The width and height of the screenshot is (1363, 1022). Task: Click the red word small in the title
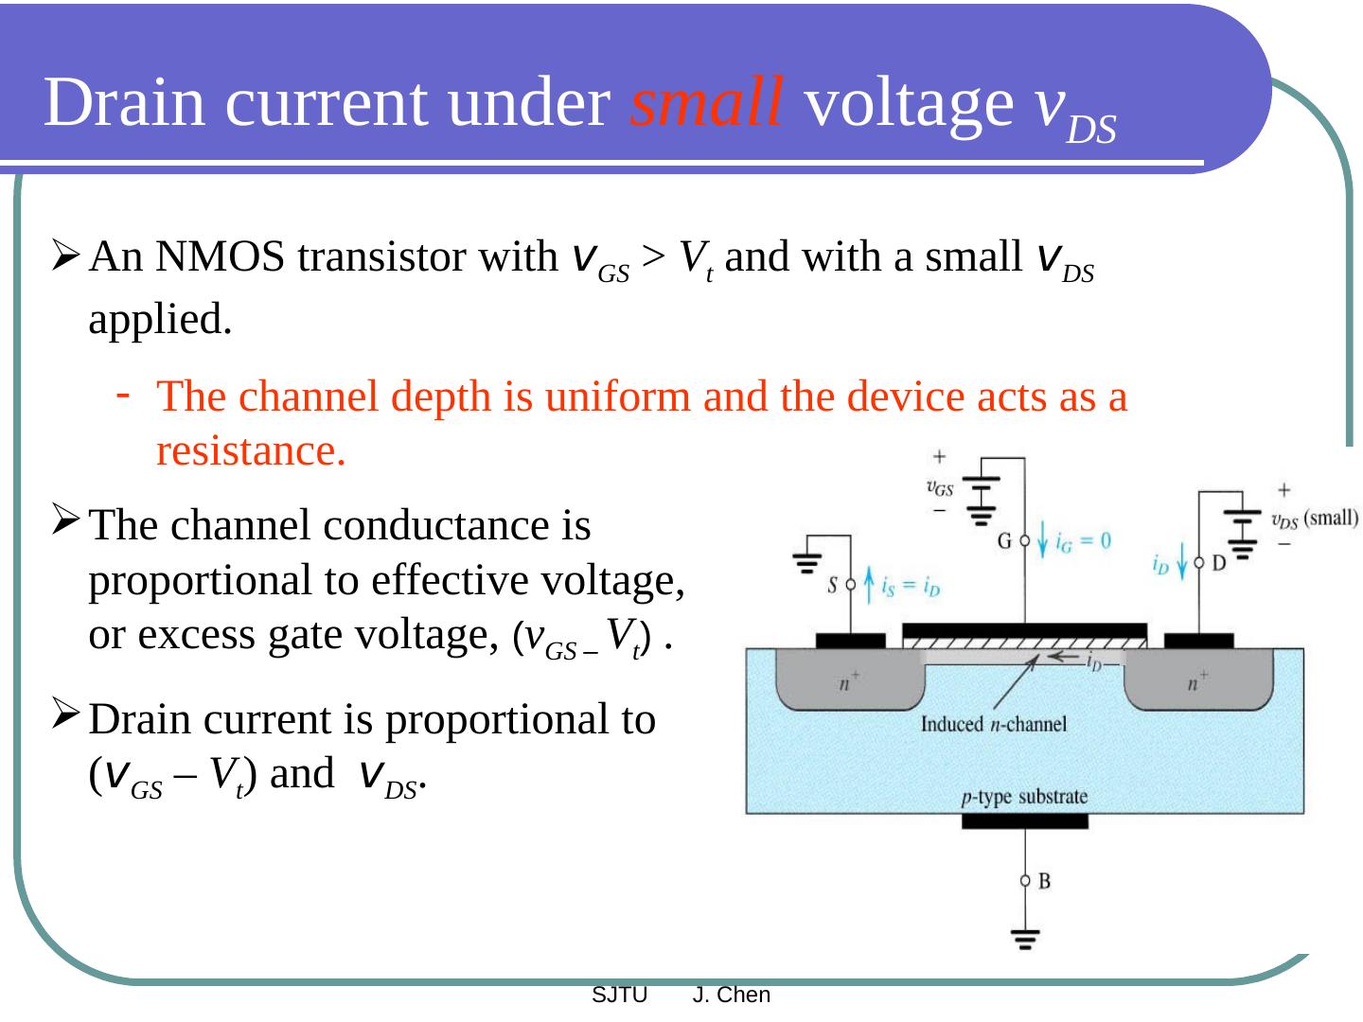pos(706,102)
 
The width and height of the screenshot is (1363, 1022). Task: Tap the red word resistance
pos(251,451)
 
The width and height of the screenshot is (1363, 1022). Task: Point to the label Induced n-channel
pos(993,725)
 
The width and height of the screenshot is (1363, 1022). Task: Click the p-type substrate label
pos(1024,797)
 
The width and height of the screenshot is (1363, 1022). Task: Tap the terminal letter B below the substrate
pos(1044,881)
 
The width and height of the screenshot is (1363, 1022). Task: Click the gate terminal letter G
pos(1005,541)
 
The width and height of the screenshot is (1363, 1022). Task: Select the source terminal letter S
pos(833,585)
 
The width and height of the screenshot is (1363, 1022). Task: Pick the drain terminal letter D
pos(1219,563)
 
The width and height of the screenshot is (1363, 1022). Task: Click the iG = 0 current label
pos(1083,541)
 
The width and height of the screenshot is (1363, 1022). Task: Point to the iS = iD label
pos(911,587)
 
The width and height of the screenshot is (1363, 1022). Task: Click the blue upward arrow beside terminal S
pos(868,584)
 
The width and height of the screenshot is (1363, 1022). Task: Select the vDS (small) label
pos(1314,520)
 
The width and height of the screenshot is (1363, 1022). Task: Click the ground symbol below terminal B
pos(1025,939)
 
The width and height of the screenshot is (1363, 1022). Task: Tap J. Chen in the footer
pos(732,996)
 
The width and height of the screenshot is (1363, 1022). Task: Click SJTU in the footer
pos(619,996)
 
